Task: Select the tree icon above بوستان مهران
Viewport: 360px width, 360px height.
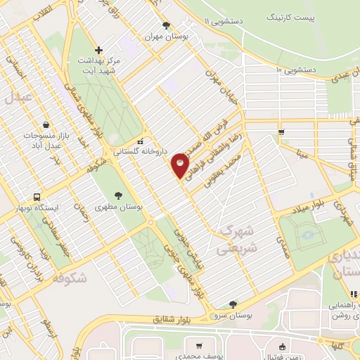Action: pyautogui.click(x=166, y=26)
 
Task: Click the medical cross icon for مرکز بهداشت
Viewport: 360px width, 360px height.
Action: pyautogui.click(x=99, y=50)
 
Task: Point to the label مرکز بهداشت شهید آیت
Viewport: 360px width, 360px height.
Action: pyautogui.click(x=98, y=65)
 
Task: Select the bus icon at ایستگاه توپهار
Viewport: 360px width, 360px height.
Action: pyautogui.click(x=36, y=197)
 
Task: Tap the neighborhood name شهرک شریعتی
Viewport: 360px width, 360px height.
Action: pyautogui.click(x=236, y=240)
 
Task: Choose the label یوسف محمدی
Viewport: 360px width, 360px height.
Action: pyautogui.click(x=199, y=355)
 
